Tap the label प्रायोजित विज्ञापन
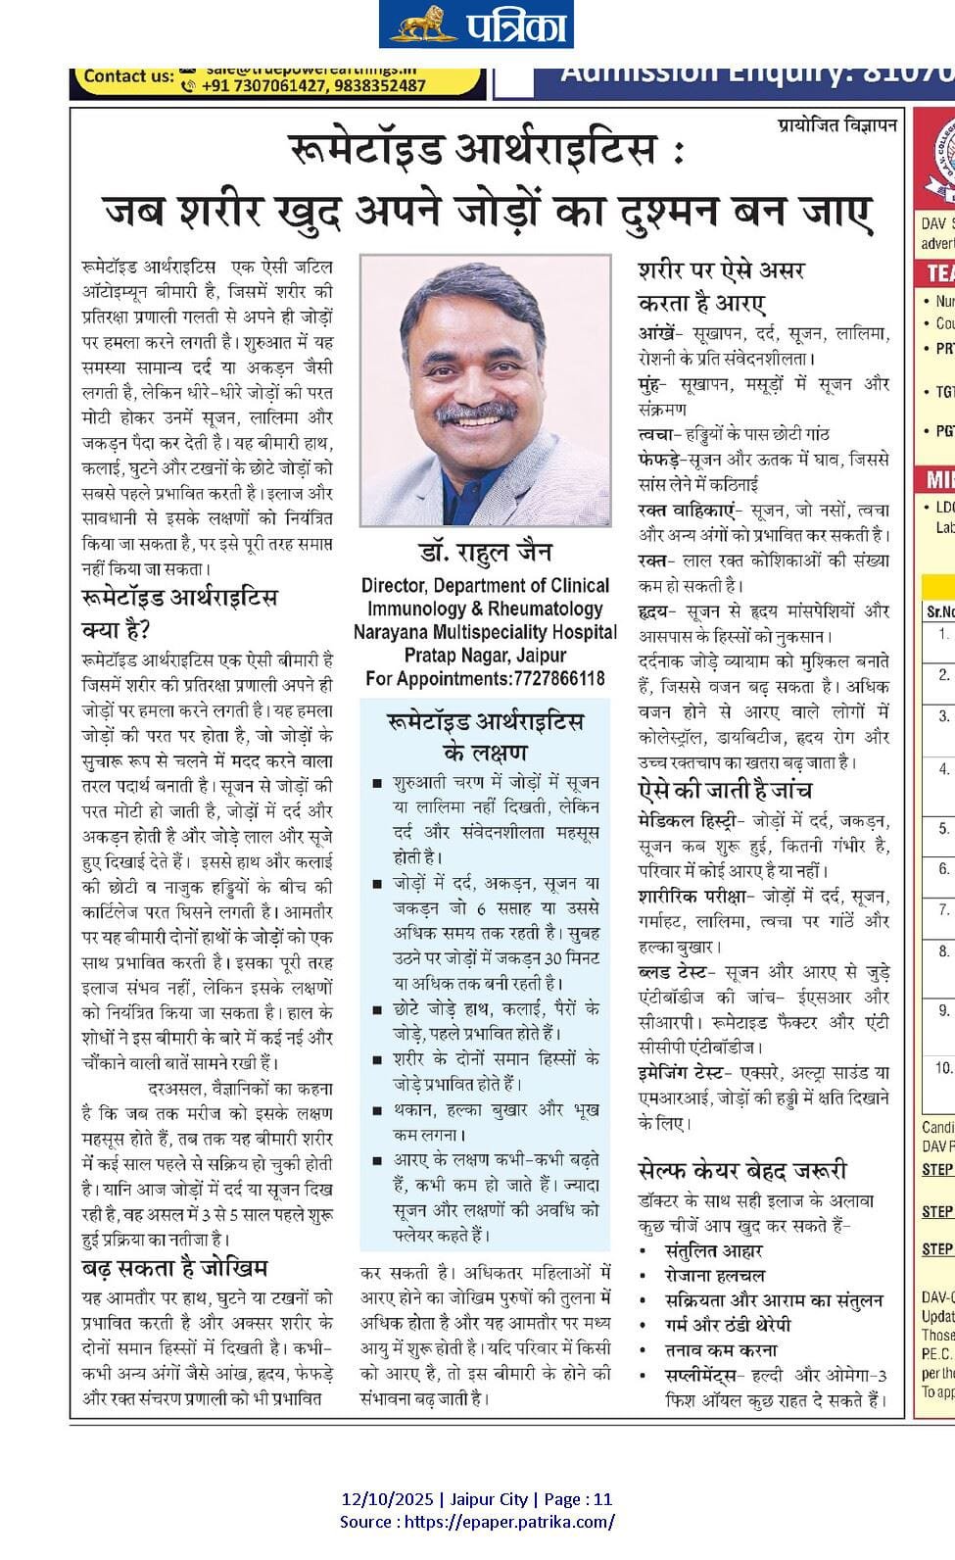point(837,125)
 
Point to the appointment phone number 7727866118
point(557,678)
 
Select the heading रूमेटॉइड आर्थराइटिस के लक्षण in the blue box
point(485,737)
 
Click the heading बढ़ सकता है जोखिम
point(174,1268)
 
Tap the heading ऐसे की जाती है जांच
point(725,790)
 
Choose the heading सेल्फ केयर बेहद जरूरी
point(742,1170)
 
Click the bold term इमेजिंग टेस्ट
point(680,1072)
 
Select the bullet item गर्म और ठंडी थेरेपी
point(728,1325)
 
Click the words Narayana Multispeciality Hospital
point(485,632)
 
